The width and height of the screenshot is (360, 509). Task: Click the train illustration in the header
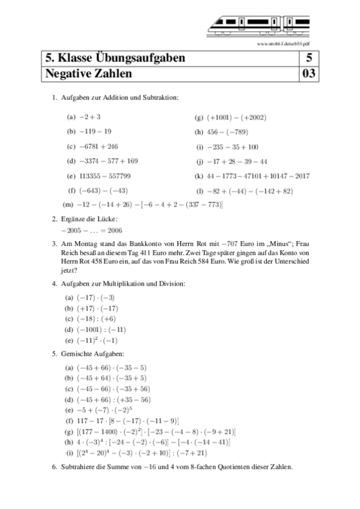pos(258,24)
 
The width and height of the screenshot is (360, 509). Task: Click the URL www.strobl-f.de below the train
pos(283,44)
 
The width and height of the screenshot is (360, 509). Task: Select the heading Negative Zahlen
pos(88,74)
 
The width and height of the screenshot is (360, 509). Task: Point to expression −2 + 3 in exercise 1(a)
pos(90,117)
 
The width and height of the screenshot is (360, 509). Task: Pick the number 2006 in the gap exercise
pos(114,230)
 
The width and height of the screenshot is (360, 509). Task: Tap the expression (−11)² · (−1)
pos(96,340)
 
